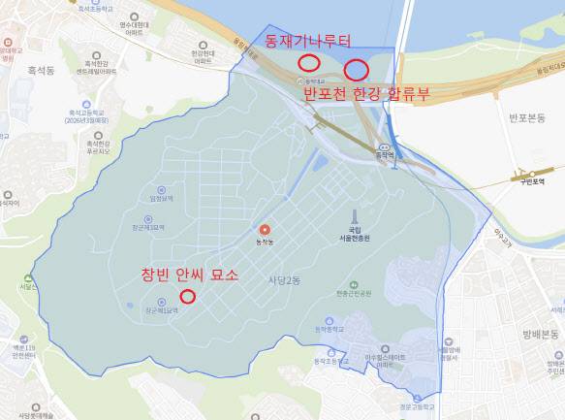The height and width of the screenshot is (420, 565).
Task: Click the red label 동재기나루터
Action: [x=307, y=40]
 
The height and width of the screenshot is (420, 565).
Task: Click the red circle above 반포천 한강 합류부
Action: [x=356, y=70]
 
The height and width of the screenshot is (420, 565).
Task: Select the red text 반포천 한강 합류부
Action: [x=368, y=94]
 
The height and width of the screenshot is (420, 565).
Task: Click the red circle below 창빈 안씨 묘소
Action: [x=188, y=296]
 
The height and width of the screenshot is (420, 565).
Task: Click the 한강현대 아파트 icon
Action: [x=204, y=45]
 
